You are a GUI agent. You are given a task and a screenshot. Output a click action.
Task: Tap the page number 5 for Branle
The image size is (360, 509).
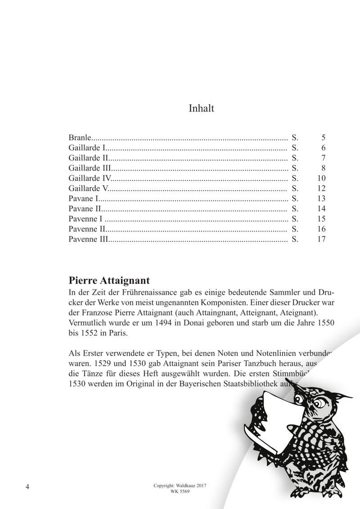pyautogui.click(x=323, y=138)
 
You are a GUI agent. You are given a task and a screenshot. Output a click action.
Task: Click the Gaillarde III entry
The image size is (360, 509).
pyautogui.click(x=90, y=168)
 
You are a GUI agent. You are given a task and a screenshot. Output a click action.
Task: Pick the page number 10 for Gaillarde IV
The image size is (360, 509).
pyautogui.click(x=321, y=179)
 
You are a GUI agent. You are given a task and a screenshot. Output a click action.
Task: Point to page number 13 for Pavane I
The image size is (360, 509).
pyautogui.click(x=321, y=199)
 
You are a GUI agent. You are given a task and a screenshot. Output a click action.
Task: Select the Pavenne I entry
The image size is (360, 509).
pyautogui.click(x=85, y=219)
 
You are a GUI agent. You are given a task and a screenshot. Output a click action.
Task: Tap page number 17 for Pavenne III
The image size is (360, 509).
pyautogui.click(x=321, y=239)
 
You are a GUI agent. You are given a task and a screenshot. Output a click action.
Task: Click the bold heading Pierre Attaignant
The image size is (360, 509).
pyautogui.click(x=109, y=281)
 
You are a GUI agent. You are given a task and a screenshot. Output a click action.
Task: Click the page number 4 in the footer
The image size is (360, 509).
pyautogui.click(x=28, y=487)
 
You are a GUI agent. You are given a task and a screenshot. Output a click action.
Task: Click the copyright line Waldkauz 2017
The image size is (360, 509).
pyautogui.click(x=180, y=487)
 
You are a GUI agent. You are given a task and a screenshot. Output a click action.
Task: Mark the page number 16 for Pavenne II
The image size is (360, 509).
pyautogui.click(x=321, y=229)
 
